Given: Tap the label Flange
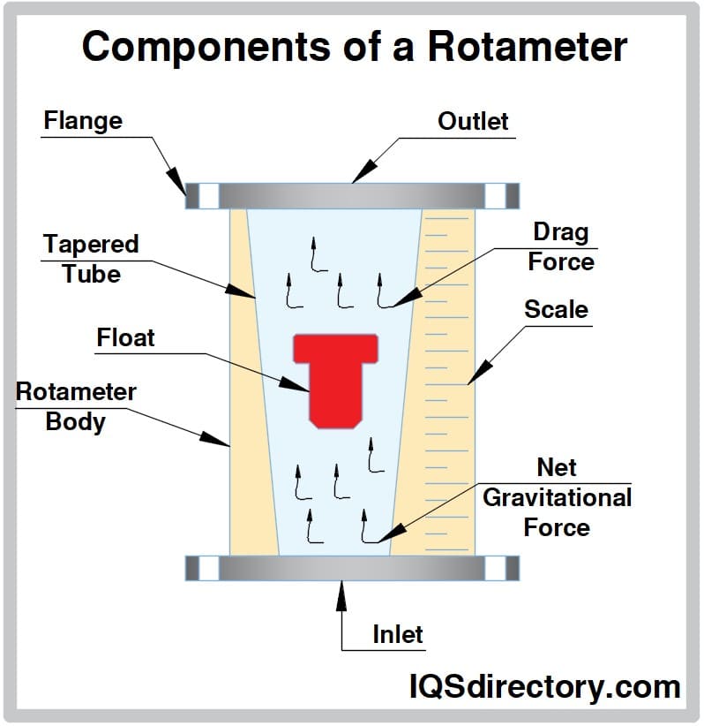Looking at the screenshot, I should [x=83, y=120].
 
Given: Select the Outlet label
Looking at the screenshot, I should [x=473, y=121].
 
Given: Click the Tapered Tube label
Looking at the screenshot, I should [x=91, y=258].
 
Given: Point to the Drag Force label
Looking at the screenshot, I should [x=560, y=247].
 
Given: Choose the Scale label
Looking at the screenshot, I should [x=556, y=309].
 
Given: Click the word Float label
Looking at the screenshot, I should [x=125, y=337].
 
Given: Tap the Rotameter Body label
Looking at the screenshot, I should [x=76, y=405].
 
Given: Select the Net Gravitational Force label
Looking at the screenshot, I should [x=557, y=497].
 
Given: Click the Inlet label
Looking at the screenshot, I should [x=397, y=634].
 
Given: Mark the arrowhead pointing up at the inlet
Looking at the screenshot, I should [x=341, y=593].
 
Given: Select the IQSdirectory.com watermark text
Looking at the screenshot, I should [x=544, y=686].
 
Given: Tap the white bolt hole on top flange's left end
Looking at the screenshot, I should [x=207, y=196].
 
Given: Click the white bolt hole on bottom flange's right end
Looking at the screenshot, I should [x=496, y=568].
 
